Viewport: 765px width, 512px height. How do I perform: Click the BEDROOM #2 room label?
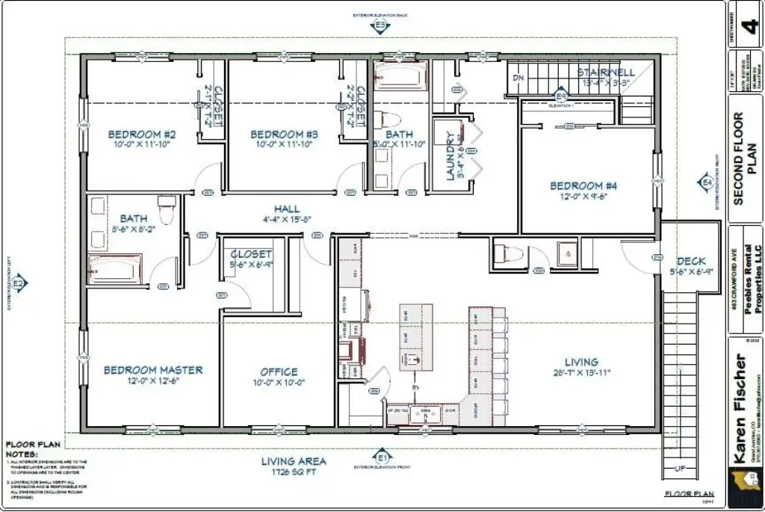[x=142, y=135]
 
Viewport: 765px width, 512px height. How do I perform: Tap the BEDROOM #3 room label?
[x=284, y=135]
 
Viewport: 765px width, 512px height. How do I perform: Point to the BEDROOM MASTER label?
[x=152, y=370]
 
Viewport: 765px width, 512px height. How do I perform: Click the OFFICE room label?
[x=279, y=371]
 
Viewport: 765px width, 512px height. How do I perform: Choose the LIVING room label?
[x=580, y=362]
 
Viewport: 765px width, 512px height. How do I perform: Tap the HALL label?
[x=286, y=209]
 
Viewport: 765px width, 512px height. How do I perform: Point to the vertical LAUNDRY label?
[x=450, y=157]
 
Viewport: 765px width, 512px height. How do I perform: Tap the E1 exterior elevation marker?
[x=382, y=456]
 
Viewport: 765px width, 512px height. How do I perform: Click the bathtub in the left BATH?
[x=115, y=269]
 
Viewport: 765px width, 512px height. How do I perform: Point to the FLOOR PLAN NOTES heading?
[x=25, y=448]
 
